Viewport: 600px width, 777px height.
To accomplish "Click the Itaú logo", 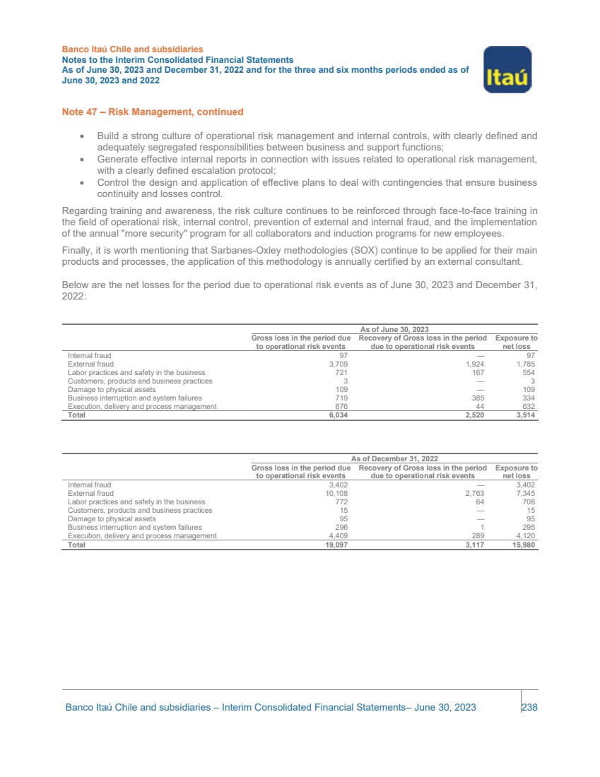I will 507,69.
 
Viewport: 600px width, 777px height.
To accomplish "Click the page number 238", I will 529,707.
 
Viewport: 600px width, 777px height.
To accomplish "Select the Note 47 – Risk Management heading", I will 153,112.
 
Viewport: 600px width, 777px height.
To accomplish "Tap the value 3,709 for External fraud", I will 337,364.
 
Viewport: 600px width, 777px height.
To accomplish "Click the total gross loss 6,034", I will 336,415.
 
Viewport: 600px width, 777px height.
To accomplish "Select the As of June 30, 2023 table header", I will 394,329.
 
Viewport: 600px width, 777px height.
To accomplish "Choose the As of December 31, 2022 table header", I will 394,459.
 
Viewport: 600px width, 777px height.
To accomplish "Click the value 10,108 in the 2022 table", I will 335,494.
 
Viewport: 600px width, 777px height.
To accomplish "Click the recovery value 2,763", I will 474,494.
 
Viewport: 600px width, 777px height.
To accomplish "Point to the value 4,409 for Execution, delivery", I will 337,536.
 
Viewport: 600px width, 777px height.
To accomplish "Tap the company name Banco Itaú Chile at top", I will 132,49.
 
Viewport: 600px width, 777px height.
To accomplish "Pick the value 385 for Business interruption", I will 478,398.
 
